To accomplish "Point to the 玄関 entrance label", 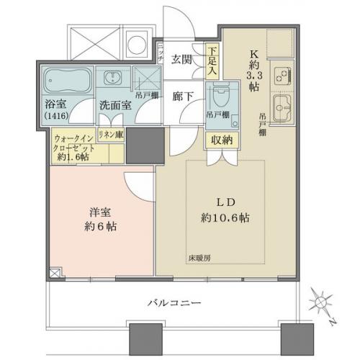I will (x=181, y=60).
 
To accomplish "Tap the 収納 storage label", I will (x=221, y=140).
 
